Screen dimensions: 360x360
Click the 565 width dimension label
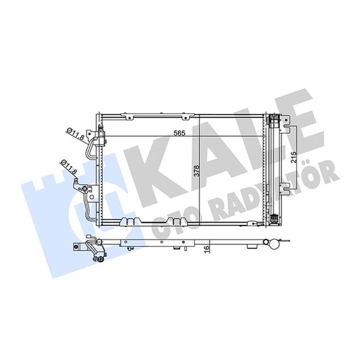(179, 133)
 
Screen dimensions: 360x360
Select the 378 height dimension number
(197, 171)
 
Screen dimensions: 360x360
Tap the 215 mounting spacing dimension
(294, 157)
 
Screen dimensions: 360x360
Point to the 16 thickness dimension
(206, 248)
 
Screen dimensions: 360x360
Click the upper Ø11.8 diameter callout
(75, 134)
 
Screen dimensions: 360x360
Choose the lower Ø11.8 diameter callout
(68, 166)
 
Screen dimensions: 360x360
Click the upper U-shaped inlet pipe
(91, 147)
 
